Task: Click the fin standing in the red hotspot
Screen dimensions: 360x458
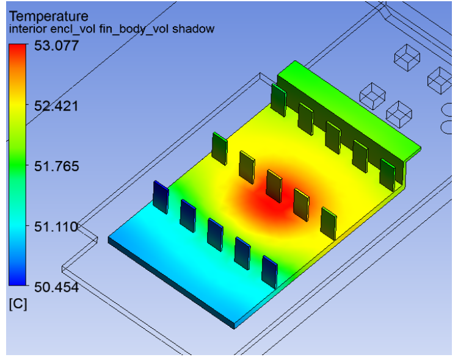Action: pos(274,186)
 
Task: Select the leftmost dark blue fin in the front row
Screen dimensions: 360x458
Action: pos(161,196)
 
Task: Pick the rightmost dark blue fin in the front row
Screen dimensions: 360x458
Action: pos(269,271)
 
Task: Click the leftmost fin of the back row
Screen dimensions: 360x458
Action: pos(278,99)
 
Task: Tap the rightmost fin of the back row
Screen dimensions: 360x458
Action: pos(387,174)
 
